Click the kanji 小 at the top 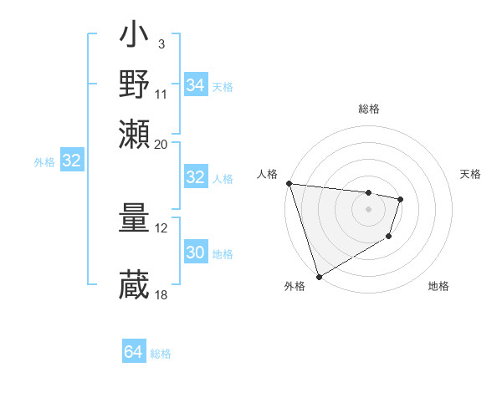pos(135,38)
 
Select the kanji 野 pos(135,85)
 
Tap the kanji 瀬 pos(135,134)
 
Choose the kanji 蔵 pos(135,284)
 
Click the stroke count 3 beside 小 pos(161,43)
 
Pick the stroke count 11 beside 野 pos(161,94)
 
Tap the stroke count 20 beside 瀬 pos(161,144)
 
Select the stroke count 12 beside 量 pos(161,227)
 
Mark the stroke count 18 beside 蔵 pos(161,294)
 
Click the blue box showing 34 pos(195,85)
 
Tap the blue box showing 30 pos(195,253)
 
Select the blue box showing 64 pos(133,353)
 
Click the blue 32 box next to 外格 pos(71,161)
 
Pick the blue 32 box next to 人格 pos(195,177)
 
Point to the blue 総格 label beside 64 pos(161,354)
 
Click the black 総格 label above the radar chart pos(369,109)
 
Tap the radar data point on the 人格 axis pos(289,183)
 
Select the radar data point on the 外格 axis pos(320,276)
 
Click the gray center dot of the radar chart pos(368,209)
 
